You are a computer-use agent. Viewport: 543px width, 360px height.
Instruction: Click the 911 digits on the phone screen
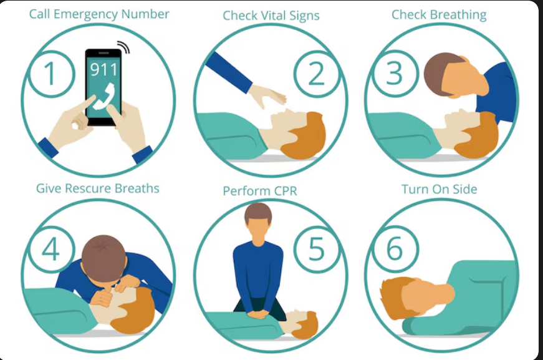pos(103,70)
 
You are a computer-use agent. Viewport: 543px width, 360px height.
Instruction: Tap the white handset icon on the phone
pos(104,97)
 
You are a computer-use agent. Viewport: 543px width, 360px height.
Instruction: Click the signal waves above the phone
pos(123,47)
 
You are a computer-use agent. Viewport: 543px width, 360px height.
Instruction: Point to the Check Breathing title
pos(439,15)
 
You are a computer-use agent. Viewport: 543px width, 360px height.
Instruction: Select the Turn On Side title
pos(439,189)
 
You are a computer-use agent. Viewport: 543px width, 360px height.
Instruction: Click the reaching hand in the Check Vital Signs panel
pos(267,95)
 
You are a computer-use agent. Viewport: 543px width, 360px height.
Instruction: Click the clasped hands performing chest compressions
pos(258,314)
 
